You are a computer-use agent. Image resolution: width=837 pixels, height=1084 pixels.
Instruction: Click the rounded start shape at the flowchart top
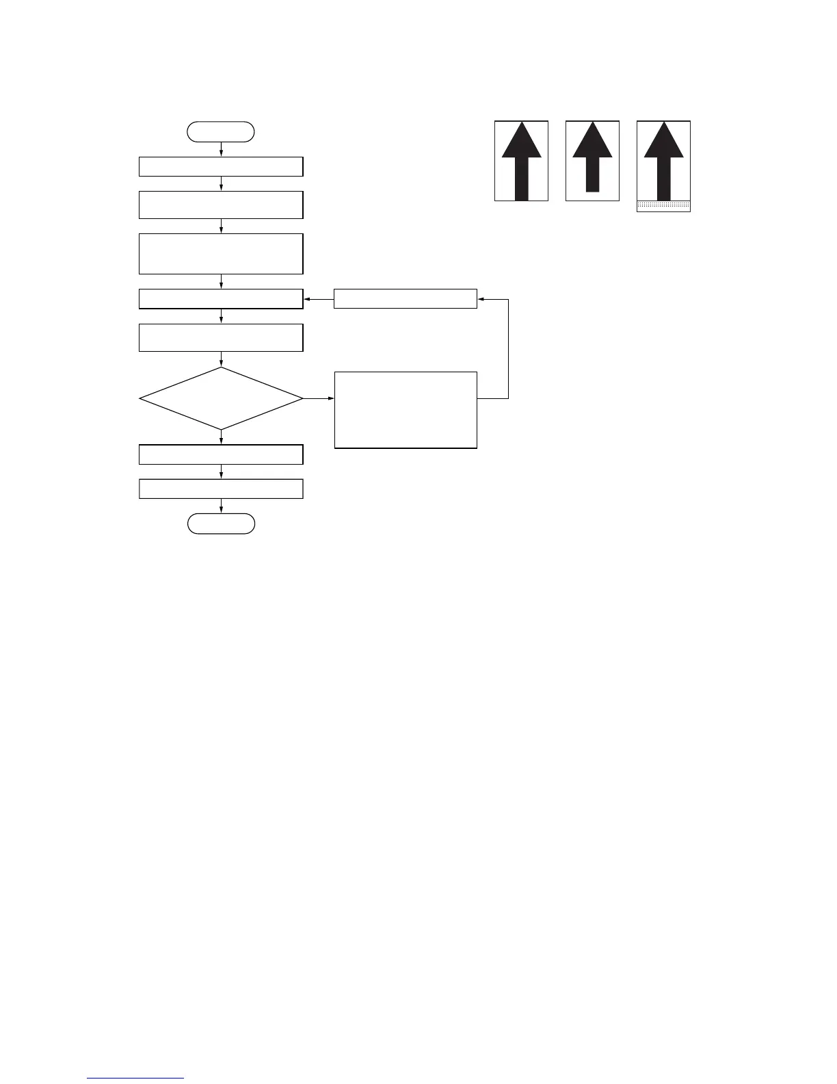click(221, 131)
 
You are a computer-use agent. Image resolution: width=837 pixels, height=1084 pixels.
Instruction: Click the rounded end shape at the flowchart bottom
click(221, 524)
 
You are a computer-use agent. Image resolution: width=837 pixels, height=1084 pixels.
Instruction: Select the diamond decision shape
click(221, 398)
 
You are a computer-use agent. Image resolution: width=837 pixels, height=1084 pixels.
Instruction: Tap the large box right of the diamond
click(406, 410)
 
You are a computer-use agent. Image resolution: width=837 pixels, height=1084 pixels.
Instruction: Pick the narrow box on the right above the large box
click(406, 299)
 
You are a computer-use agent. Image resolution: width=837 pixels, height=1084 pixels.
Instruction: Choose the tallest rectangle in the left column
click(221, 254)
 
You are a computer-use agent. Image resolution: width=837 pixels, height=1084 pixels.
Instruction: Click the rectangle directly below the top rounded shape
click(221, 166)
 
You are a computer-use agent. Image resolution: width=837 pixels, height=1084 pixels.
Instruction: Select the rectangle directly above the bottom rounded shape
click(221, 489)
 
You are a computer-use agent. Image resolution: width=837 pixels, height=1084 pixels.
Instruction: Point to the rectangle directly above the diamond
click(221, 337)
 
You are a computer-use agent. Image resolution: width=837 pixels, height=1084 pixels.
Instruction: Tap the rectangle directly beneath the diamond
click(221, 454)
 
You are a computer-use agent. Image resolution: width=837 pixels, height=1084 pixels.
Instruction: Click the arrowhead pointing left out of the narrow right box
click(308, 299)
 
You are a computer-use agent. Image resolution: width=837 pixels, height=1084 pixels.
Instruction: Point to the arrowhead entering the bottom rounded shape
click(221, 510)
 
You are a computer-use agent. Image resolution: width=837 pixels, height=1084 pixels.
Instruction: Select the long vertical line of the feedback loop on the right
click(509, 349)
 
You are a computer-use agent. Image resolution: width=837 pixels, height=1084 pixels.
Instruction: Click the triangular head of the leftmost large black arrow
click(522, 142)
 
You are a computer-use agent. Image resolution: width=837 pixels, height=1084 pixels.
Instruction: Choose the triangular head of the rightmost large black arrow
click(663, 142)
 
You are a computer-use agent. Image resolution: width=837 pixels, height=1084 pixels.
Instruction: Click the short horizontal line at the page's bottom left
click(135, 1079)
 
